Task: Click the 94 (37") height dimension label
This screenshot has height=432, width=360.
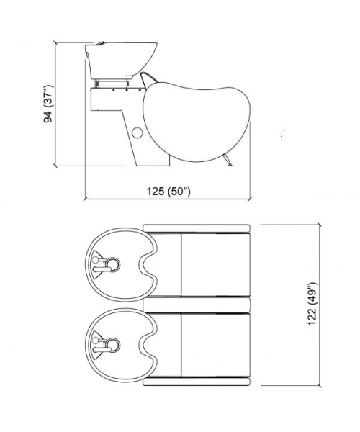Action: pos(48,104)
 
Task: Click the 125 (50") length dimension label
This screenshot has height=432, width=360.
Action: pos(168,191)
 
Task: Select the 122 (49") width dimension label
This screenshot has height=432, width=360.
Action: pos(312,304)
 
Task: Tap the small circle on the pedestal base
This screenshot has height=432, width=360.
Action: pos(137,132)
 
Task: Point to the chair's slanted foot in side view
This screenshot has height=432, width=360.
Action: pos(228,161)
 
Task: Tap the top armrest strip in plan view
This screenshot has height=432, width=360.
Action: pos(197,228)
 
